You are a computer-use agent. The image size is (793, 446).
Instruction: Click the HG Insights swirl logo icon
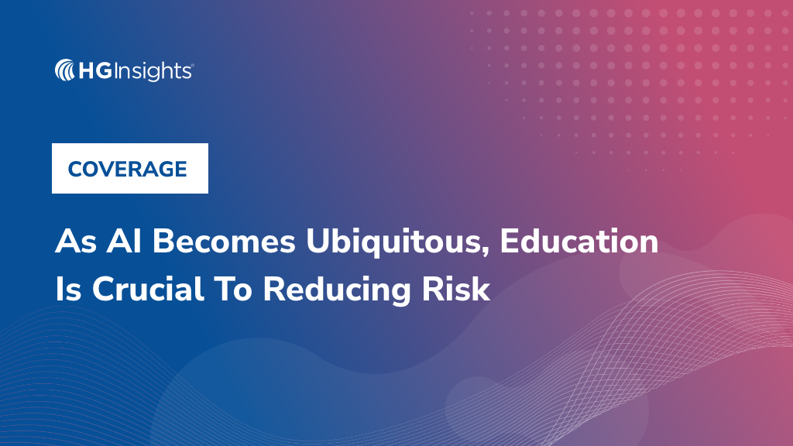(x=65, y=71)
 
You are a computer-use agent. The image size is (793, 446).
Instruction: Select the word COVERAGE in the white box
(x=128, y=169)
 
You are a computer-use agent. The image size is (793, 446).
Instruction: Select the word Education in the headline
(x=578, y=242)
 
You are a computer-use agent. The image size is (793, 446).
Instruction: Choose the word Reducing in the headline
(x=344, y=290)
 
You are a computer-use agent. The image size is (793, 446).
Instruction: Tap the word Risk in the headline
(x=462, y=289)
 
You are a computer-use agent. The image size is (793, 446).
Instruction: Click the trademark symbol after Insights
(x=192, y=66)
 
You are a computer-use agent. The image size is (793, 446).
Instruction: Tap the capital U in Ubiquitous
(x=318, y=242)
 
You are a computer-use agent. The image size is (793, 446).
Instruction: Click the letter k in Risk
(x=482, y=289)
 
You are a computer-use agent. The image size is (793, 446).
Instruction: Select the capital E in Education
(x=509, y=242)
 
